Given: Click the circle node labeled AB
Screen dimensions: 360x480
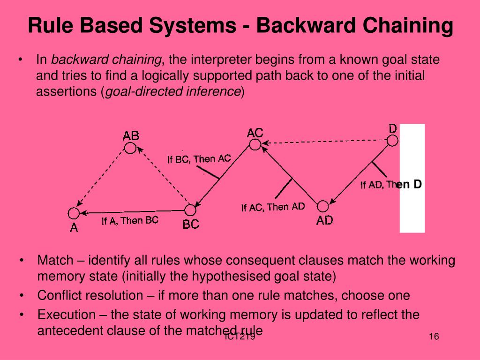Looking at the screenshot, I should (x=130, y=148).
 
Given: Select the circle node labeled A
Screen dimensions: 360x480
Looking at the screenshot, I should (x=73, y=213).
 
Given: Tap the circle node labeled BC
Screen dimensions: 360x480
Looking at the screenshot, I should (x=190, y=210).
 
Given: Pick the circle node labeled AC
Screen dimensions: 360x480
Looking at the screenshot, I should (x=255, y=144).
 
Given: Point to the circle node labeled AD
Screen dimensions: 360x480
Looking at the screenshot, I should (x=323, y=206).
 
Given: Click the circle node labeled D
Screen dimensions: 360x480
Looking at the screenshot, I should (x=392, y=140).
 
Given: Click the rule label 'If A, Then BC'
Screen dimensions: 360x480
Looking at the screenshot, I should (x=130, y=220).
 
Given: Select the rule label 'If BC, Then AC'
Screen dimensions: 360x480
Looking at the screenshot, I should (x=199, y=159).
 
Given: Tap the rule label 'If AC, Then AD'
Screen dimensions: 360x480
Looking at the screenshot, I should (x=273, y=207).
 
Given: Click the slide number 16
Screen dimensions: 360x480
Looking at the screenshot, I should (x=433, y=337).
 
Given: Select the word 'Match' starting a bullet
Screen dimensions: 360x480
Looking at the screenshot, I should (x=55, y=261).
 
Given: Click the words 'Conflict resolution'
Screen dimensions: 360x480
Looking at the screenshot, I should (x=90, y=296).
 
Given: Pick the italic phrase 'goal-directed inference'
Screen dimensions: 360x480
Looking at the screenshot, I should (x=172, y=91).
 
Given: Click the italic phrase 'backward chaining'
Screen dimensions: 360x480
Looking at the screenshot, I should (x=106, y=60).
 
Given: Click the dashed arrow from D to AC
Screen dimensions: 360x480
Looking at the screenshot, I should (x=323, y=142).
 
